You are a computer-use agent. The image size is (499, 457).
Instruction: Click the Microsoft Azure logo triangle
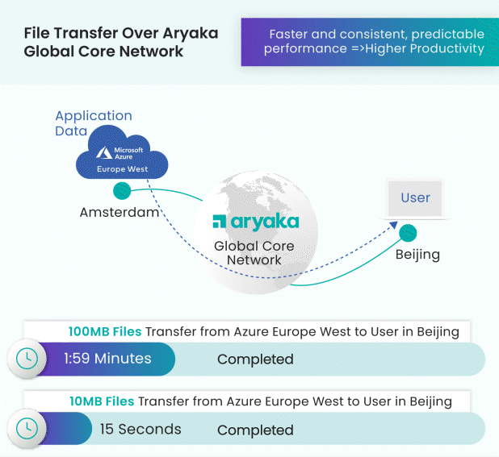point(104,153)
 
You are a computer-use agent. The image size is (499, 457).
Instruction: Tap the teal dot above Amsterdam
point(122,191)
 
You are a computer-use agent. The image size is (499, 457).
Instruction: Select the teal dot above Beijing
point(408,233)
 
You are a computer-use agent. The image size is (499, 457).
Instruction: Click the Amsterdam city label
point(120,212)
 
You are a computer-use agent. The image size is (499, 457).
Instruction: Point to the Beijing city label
point(417,255)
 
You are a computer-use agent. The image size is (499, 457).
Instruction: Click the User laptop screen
point(415,198)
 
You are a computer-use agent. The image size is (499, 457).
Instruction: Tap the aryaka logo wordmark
point(256,222)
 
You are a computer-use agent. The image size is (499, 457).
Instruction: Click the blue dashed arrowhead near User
point(394,225)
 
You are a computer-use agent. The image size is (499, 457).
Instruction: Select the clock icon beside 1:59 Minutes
point(27,359)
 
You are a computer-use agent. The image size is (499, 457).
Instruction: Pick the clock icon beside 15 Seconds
point(27,429)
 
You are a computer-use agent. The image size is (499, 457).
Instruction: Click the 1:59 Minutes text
point(107,359)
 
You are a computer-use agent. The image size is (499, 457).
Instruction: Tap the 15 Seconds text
point(140,429)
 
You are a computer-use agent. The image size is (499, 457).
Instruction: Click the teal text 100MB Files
point(105,331)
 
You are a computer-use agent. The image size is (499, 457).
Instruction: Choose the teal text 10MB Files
point(102,401)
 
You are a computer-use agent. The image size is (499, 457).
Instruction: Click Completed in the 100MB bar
point(255,359)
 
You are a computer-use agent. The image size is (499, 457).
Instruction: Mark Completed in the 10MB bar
point(255,430)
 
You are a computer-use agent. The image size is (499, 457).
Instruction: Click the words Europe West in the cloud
point(123,169)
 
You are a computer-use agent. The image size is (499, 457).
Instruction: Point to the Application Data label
point(94,123)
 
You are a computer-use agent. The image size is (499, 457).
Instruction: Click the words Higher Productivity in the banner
point(425,49)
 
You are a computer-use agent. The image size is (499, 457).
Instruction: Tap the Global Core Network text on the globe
point(254,253)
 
